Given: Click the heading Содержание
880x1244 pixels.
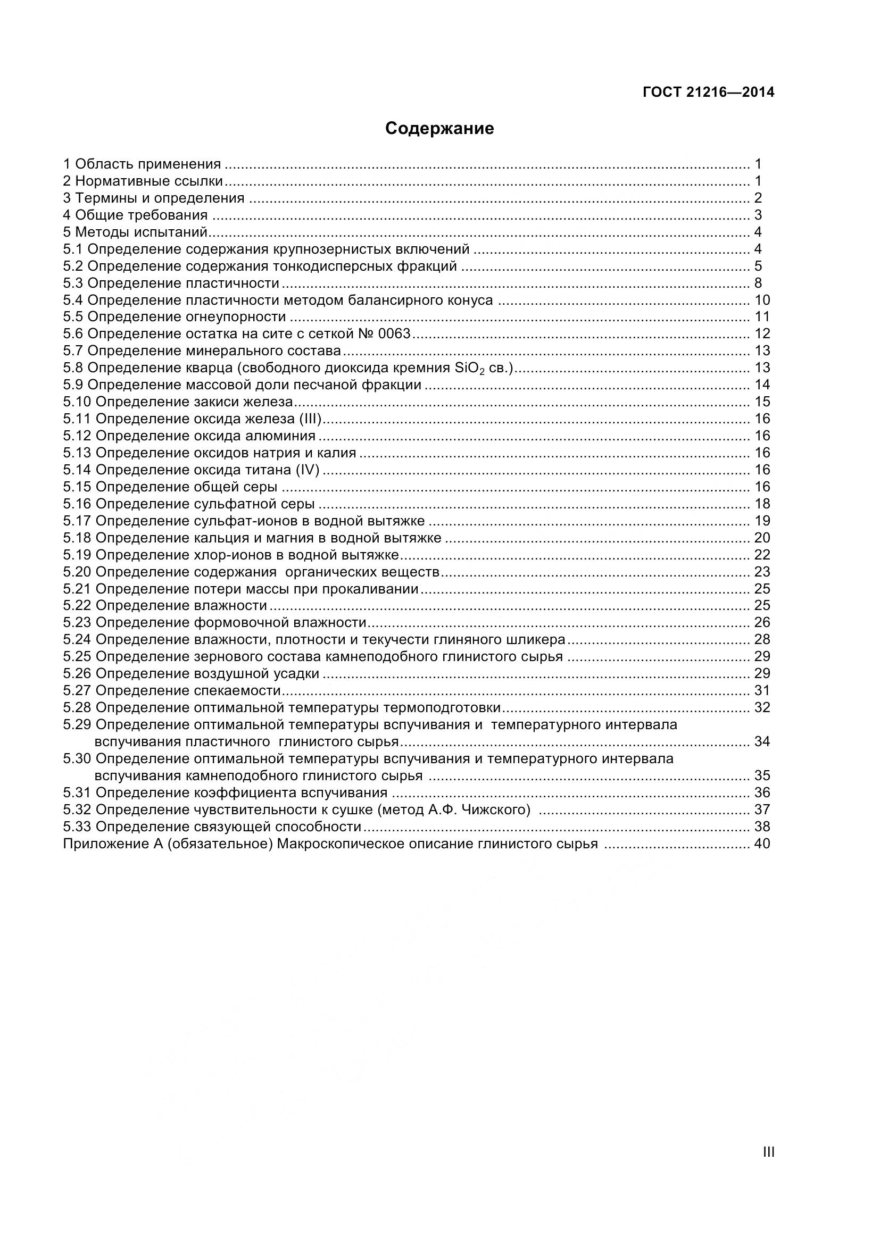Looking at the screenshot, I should coord(439,129).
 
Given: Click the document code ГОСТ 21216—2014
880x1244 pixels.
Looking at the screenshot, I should coord(708,93).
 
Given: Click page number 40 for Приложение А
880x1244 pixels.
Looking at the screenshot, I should coord(761,844).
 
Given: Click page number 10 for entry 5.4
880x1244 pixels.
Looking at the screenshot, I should coord(761,300).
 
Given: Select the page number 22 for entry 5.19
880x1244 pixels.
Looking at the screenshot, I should coord(761,555).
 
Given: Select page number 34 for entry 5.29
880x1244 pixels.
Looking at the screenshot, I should coord(761,741).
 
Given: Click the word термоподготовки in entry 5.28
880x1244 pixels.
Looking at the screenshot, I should coord(442,707).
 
